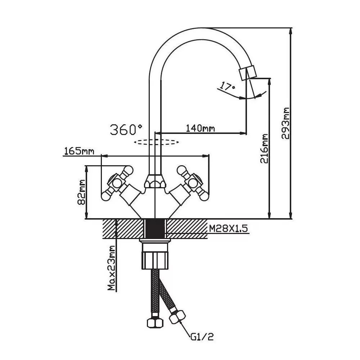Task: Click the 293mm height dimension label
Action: coord(287,123)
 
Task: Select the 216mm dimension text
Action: coord(265,148)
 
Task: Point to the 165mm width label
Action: coord(79,151)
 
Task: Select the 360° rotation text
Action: coord(126,129)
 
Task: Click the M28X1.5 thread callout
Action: coord(229,228)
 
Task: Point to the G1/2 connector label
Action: coord(203,337)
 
